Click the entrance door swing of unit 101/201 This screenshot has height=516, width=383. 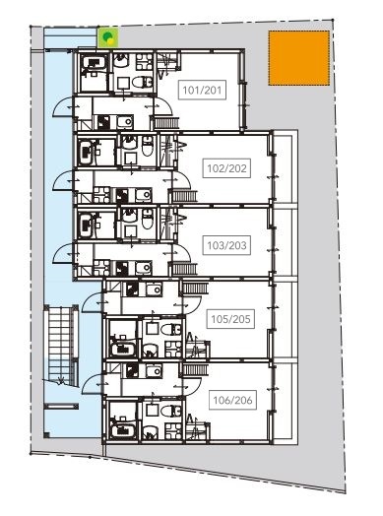[x=67, y=107]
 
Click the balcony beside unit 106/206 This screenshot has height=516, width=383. [x=286, y=399]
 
